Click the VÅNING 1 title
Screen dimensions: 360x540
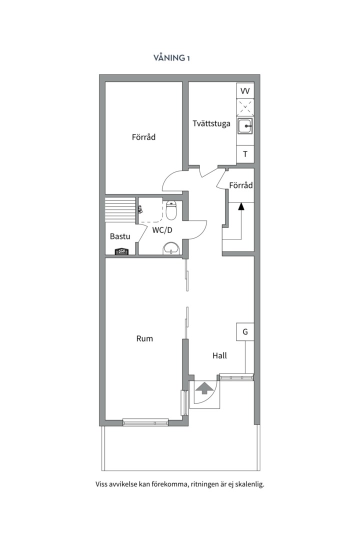point(171,57)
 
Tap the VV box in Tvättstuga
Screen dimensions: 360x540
point(245,90)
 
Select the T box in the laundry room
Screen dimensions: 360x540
point(245,154)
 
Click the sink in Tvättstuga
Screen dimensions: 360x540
point(245,125)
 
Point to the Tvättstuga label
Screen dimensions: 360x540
point(211,123)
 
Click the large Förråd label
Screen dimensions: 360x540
point(143,136)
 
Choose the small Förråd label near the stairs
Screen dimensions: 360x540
point(241,185)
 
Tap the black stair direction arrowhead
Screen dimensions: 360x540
point(241,206)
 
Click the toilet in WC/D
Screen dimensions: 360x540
point(171,210)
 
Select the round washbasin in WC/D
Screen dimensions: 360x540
point(171,248)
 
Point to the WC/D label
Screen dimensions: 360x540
point(162,230)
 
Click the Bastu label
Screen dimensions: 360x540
point(120,236)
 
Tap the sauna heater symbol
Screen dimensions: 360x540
point(121,251)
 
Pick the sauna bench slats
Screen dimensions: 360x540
point(120,209)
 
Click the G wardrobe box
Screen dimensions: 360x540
point(245,331)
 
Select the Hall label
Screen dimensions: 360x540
point(219,355)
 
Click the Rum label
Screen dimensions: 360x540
point(144,338)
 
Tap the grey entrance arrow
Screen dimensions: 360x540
point(204,388)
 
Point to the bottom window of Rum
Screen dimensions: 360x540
point(145,422)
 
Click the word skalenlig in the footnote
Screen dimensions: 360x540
point(250,484)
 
